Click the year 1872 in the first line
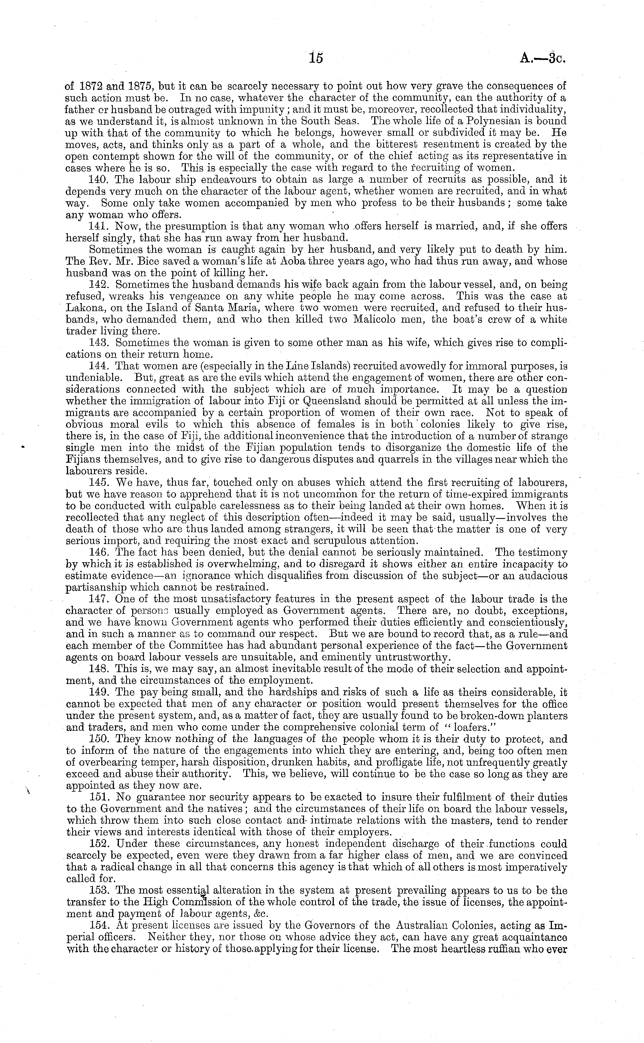point(87,86)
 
